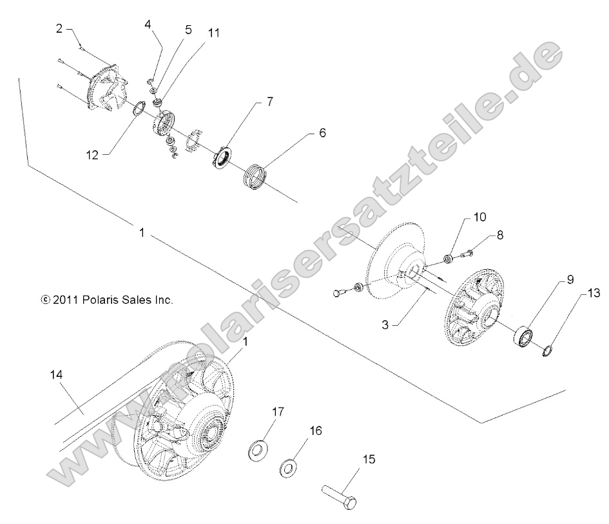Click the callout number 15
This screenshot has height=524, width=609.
pyautogui.click(x=369, y=460)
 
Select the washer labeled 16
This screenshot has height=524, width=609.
pyautogui.click(x=288, y=467)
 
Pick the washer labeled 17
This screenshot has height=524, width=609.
pyautogui.click(x=259, y=448)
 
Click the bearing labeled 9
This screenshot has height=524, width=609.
pyautogui.click(x=523, y=338)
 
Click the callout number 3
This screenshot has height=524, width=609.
pyautogui.click(x=385, y=325)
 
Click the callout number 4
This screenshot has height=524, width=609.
pyautogui.click(x=148, y=25)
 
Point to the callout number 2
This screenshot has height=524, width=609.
pyautogui.click(x=59, y=28)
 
